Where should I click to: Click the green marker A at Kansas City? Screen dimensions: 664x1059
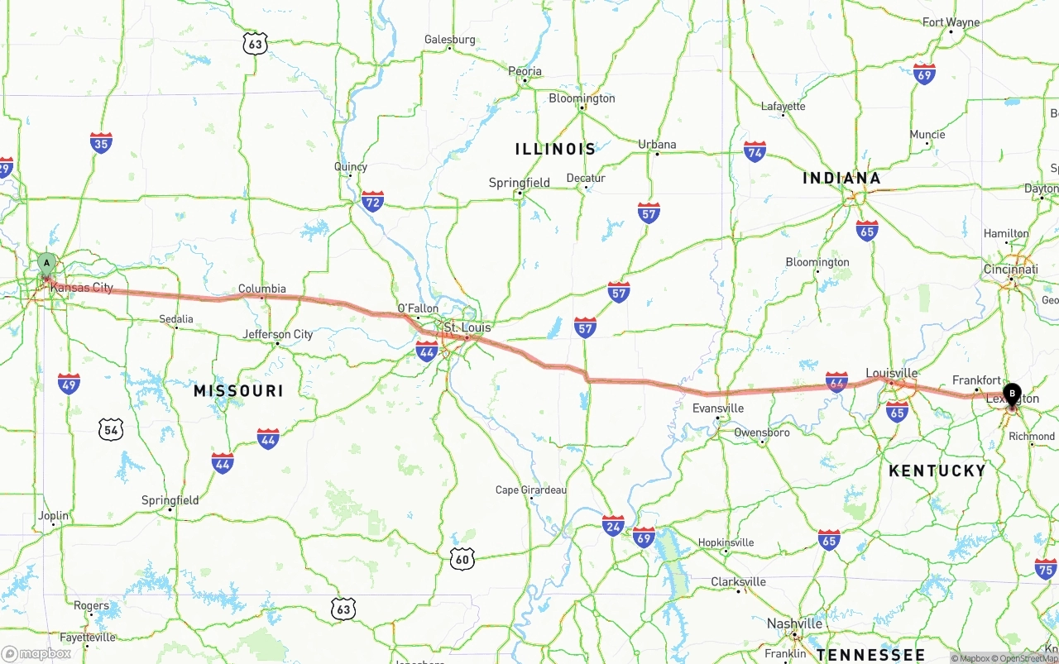coord(47,264)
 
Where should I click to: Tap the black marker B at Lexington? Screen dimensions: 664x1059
coord(1011,394)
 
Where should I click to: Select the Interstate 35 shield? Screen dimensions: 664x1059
coord(101,143)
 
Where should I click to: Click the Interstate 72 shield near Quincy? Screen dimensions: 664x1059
coord(372,201)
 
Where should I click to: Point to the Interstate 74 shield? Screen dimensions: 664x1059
coord(754,151)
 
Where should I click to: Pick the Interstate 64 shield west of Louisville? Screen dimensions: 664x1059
coord(836,381)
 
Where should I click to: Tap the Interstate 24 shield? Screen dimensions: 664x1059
coord(613,525)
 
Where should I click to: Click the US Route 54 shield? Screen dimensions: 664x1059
coord(111,429)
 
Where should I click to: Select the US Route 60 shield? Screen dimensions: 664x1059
coord(462,559)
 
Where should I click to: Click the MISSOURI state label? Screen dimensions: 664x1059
coord(238,391)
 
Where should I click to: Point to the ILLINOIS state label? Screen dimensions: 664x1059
coord(555,150)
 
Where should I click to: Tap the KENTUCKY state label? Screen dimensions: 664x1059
coord(937,471)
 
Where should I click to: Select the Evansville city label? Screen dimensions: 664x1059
coord(717,408)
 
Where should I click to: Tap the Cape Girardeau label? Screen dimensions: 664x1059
coord(531,490)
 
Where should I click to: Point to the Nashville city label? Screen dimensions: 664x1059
coord(794,623)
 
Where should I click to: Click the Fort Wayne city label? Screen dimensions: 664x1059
coord(951,22)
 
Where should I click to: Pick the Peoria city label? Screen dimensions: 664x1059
coord(525,71)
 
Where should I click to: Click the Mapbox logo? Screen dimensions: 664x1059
coord(36,653)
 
